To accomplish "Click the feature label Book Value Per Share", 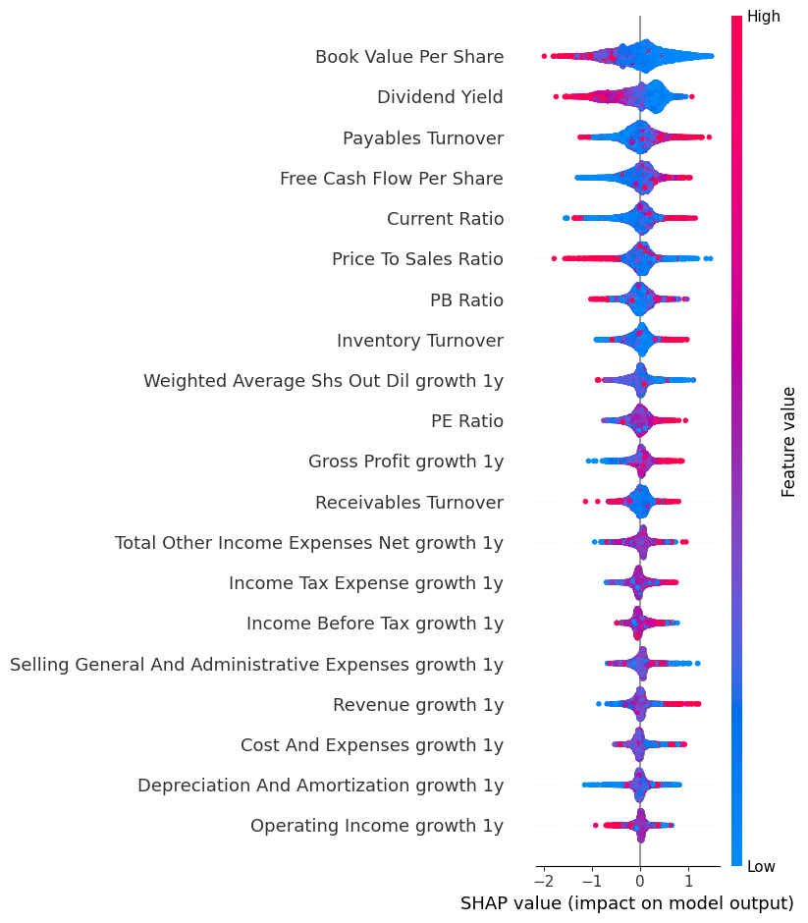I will coord(409,57).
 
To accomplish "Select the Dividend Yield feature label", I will coord(440,97).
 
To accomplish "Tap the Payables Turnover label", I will coord(423,138).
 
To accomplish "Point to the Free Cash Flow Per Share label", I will coord(392,179).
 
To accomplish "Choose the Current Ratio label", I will coord(445,219).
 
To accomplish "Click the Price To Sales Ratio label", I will coord(417,259).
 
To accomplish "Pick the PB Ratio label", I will coord(466,300).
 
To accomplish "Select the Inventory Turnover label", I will coord(420,341).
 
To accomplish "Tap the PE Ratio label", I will coord(467,421).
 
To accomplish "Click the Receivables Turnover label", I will coord(409,503).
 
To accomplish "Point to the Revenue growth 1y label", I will coord(418,705).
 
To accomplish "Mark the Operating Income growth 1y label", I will coord(377,826).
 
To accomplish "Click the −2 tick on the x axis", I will coord(541,874).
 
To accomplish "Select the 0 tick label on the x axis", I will coord(640,874).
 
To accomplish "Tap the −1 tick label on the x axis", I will coord(589,874).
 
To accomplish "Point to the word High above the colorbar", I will coord(764,17).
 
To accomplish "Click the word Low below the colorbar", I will coord(762,866).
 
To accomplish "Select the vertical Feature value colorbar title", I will coord(788,441).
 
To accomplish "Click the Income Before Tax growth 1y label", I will coord(375,624).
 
